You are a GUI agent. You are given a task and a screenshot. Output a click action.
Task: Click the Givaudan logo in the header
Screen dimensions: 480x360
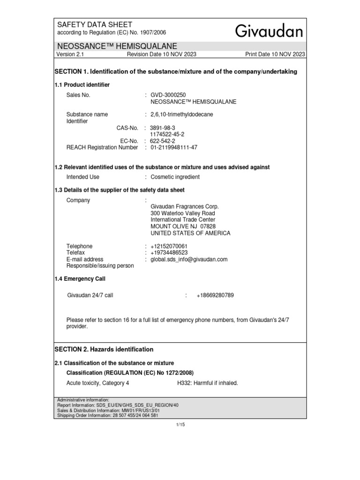[x=269, y=31]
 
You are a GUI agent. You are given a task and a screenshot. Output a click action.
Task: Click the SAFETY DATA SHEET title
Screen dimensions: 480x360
[x=95, y=24]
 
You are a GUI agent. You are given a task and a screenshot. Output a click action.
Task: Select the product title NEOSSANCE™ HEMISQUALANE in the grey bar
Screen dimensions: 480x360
[x=117, y=46]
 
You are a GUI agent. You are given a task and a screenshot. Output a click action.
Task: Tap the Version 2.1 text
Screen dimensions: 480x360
[x=69, y=54]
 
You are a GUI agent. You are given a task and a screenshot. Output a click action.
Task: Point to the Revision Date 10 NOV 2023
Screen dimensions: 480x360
[x=162, y=54]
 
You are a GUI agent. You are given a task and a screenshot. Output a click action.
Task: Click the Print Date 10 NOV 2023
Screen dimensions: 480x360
[x=275, y=54]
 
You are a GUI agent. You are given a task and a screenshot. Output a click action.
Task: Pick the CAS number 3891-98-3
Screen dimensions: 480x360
[x=162, y=127]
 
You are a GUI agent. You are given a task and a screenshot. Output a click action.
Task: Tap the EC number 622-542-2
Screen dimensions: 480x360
[x=163, y=141]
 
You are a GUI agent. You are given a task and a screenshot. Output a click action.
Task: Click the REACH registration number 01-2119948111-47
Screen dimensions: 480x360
[x=174, y=147]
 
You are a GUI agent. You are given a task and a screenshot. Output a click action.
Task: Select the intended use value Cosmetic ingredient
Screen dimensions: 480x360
[x=175, y=177]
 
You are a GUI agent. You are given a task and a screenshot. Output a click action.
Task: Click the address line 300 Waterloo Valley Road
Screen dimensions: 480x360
[x=182, y=213]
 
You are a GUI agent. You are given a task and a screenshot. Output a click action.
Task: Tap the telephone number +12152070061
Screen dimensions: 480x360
[x=169, y=246]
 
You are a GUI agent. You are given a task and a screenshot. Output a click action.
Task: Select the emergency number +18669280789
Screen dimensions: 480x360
[x=215, y=295]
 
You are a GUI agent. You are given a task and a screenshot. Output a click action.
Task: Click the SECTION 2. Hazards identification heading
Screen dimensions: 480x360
[x=104, y=349]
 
